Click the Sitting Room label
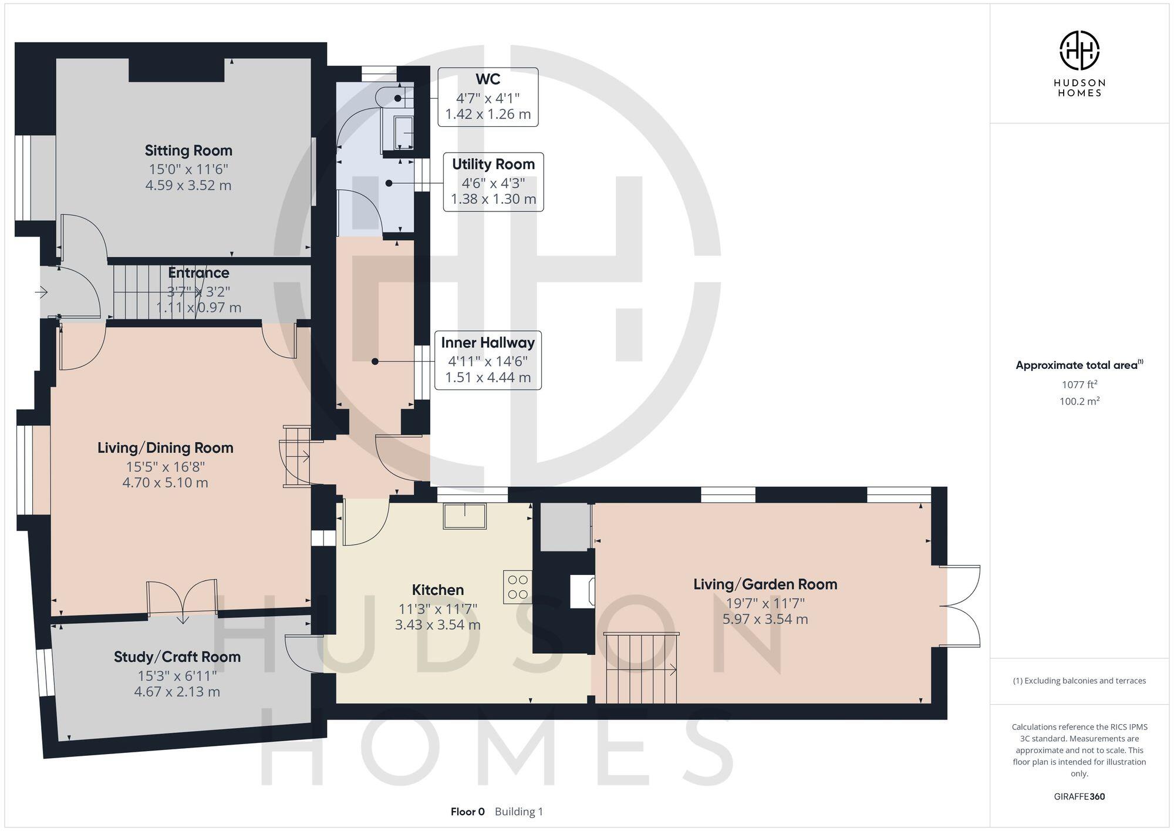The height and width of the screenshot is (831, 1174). (x=188, y=151)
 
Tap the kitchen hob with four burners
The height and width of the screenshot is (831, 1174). (x=517, y=587)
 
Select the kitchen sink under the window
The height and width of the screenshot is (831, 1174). (x=465, y=516)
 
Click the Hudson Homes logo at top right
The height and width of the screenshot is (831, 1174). (x=1079, y=51)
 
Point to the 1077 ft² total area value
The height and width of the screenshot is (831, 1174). (x=1079, y=385)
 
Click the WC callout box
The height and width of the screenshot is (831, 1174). (x=488, y=97)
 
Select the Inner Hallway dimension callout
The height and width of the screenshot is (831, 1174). (x=488, y=361)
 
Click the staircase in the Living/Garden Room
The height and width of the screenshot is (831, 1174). (x=641, y=669)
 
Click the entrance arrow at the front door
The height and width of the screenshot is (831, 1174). (x=41, y=292)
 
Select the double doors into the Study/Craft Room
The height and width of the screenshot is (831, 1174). (x=182, y=599)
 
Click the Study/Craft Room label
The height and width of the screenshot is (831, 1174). (x=177, y=657)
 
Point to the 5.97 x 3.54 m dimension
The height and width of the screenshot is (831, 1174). (x=765, y=619)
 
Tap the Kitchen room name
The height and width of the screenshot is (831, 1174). (x=437, y=590)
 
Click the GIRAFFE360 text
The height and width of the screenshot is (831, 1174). (x=1079, y=797)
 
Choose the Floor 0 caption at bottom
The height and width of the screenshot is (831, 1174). (x=467, y=812)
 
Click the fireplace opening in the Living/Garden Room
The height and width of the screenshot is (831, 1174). (x=583, y=591)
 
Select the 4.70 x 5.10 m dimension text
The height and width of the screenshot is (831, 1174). (x=165, y=483)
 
